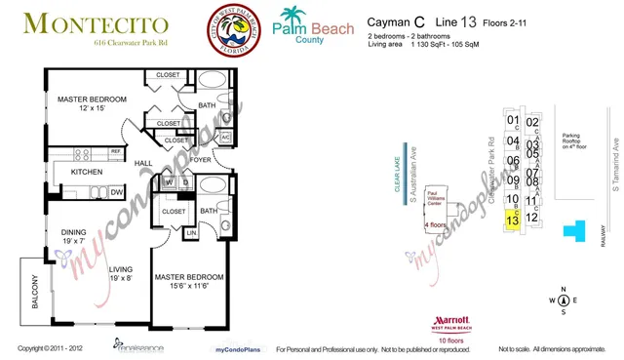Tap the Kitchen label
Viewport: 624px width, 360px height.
88,172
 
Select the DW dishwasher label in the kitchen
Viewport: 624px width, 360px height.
116,191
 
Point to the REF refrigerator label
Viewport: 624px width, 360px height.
115,152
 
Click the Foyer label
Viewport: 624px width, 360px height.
201,159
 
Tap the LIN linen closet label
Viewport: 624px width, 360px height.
191,232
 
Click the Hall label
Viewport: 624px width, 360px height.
142,164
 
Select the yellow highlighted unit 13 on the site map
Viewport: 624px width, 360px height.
512,220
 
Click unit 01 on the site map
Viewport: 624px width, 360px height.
512,122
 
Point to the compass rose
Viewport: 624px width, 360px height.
563,300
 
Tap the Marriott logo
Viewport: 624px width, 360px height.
450,323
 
